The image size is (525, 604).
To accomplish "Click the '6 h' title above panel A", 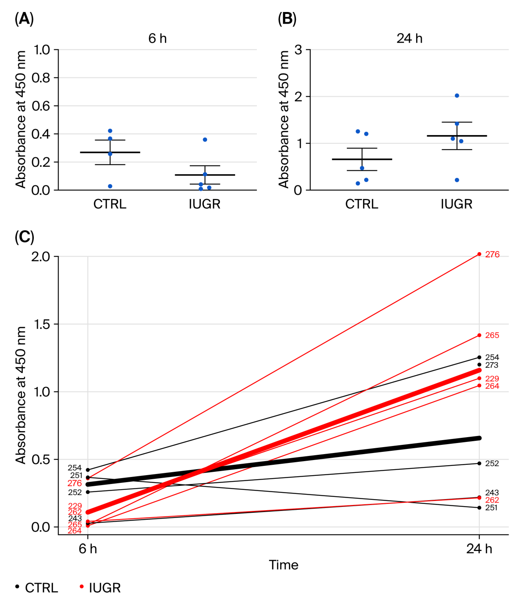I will pyautogui.click(x=157, y=38).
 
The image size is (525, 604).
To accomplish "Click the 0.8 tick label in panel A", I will pyautogui.click(x=41, y=78).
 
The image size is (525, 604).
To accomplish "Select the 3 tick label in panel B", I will pyautogui.click(x=298, y=50).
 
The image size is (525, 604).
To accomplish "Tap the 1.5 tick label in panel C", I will pyautogui.click(x=41, y=324).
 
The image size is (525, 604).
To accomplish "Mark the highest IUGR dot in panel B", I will pyautogui.click(x=457, y=96).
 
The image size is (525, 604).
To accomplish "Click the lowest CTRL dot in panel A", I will pyautogui.click(x=110, y=186).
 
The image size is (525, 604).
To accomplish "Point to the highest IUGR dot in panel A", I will pyautogui.click(x=205, y=140).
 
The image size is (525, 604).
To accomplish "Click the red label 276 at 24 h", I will pyautogui.click(x=492, y=255).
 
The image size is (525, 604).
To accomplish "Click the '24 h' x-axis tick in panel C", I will pyautogui.click(x=479, y=549).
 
